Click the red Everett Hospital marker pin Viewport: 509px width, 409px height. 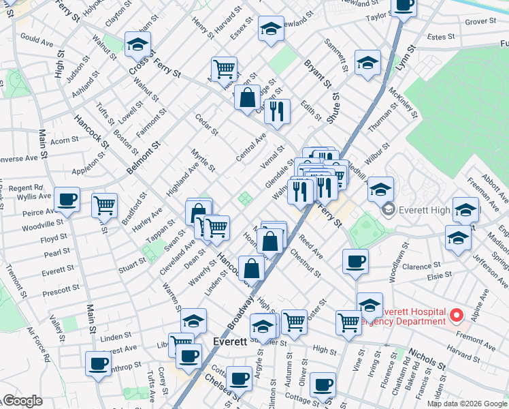457,316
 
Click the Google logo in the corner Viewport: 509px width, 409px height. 23,401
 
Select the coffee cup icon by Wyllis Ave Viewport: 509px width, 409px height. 67,200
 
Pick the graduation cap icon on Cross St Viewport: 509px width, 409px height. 138,45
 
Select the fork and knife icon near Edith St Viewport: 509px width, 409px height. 277,111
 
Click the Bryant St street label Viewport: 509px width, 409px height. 318,75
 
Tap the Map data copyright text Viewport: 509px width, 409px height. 467,404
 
